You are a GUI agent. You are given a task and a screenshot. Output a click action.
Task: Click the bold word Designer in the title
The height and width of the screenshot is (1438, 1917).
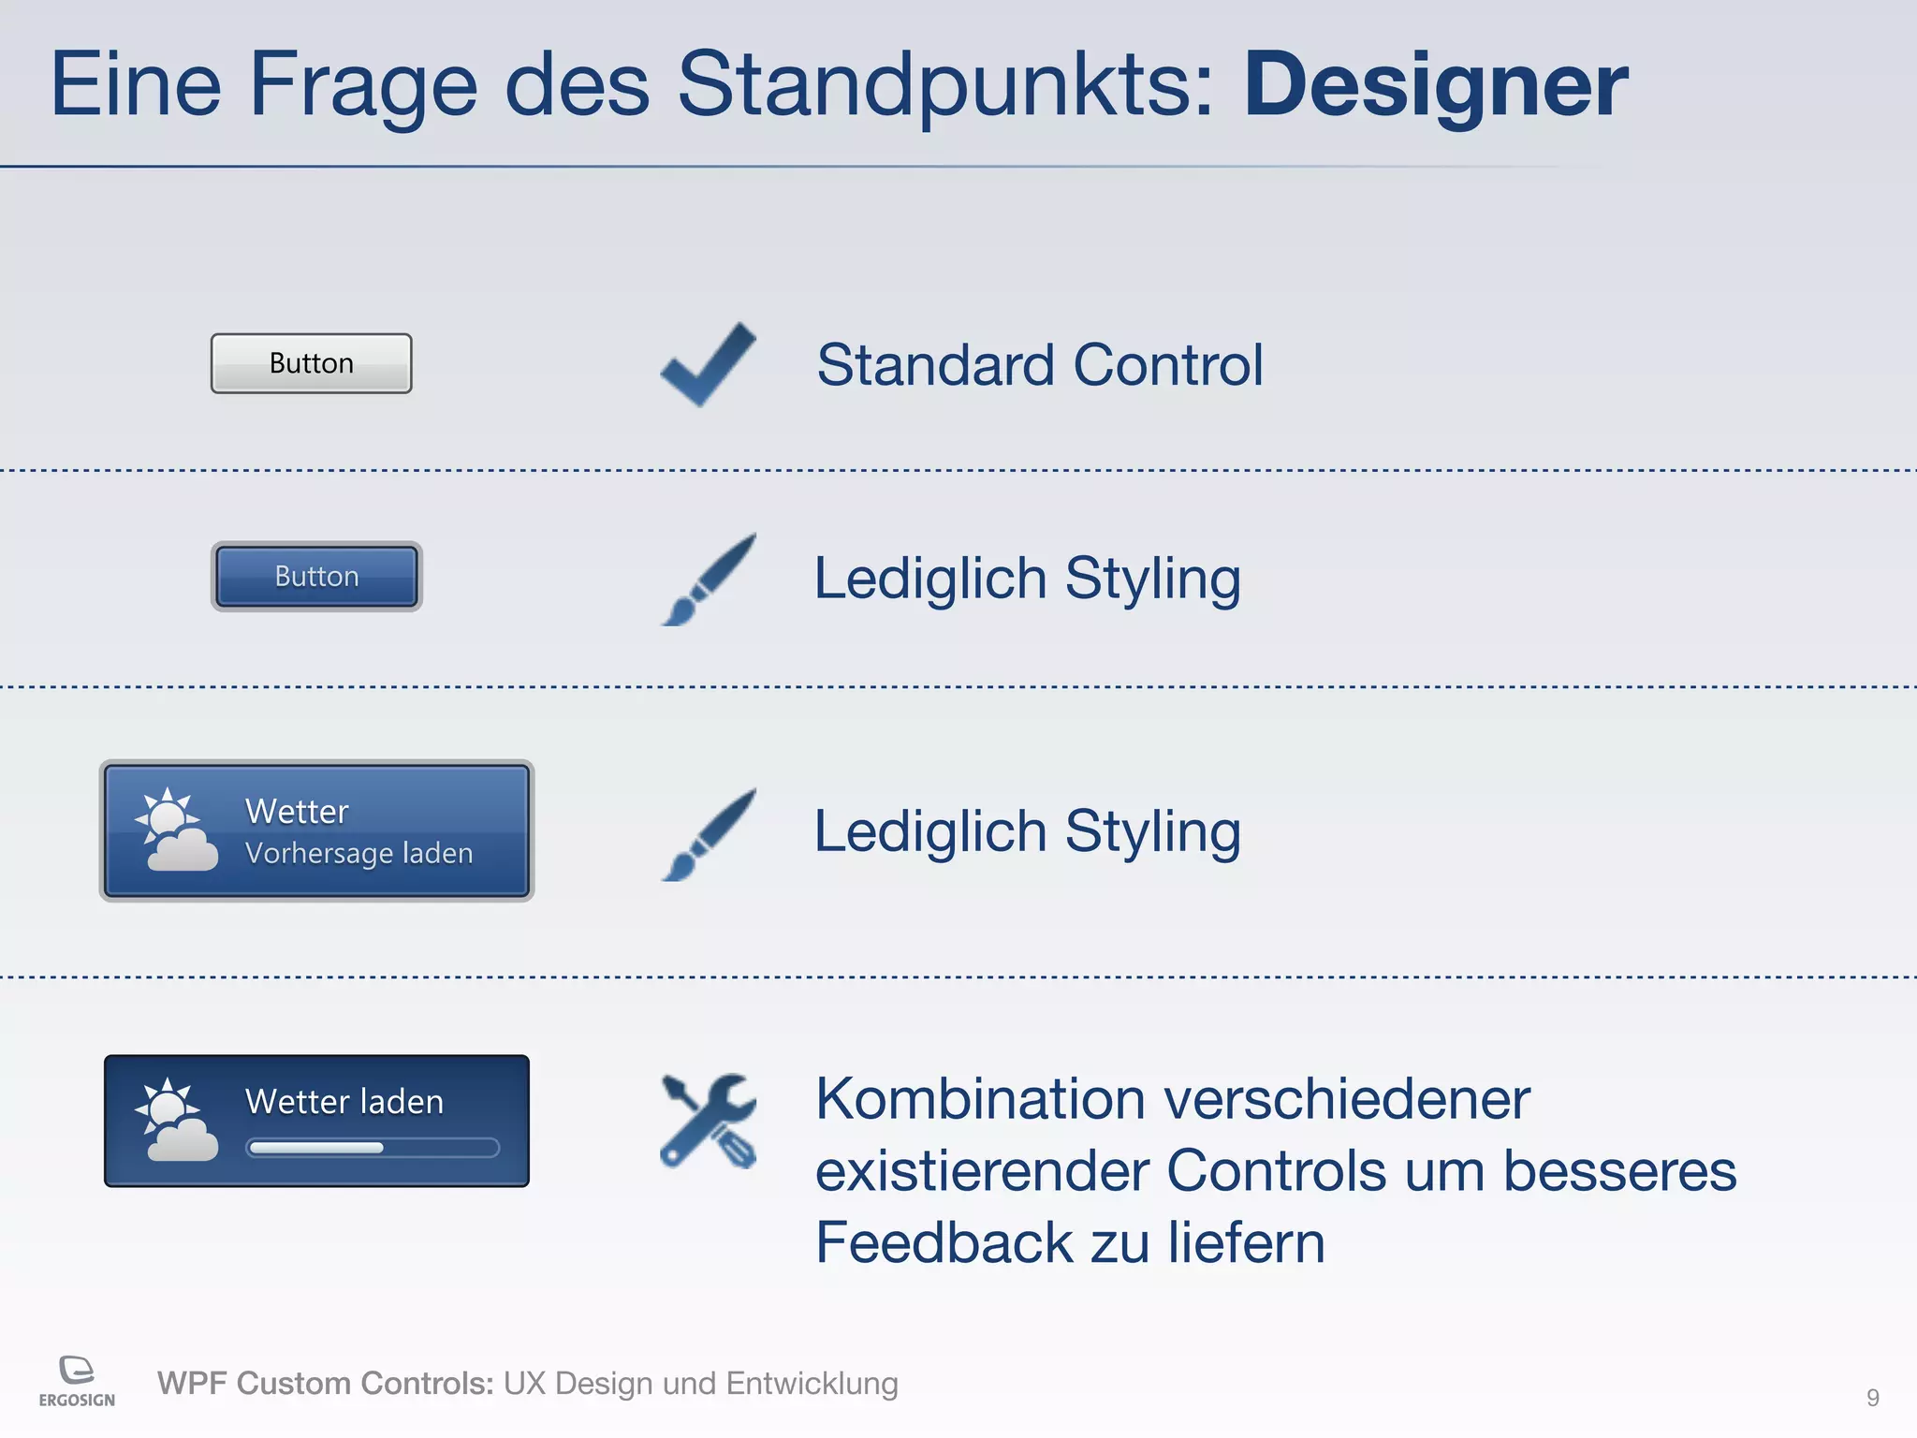pyautogui.click(x=1435, y=86)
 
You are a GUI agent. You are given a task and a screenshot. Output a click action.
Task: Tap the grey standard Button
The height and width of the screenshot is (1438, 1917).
pyautogui.click(x=311, y=363)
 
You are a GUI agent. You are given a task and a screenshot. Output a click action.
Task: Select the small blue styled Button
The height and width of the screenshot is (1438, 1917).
pyautogui.click(x=316, y=577)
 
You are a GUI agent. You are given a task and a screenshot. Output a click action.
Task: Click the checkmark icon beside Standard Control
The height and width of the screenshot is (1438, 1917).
pyautogui.click(x=708, y=365)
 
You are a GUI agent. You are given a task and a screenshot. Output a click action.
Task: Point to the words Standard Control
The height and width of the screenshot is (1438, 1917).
pyautogui.click(x=1039, y=365)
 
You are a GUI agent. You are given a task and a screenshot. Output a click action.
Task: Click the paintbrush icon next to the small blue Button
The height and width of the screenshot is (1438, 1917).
pyautogui.click(x=709, y=580)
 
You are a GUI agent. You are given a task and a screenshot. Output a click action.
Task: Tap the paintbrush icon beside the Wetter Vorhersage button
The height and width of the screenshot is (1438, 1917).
pyautogui.click(x=709, y=834)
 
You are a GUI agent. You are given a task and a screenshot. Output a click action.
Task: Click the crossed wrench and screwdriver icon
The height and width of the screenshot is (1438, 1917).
pyautogui.click(x=708, y=1121)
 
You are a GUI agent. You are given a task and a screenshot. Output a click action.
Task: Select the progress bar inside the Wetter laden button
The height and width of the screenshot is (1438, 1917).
pyautogui.click(x=372, y=1148)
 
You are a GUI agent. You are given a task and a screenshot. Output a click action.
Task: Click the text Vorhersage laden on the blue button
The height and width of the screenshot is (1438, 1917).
pyautogui.click(x=359, y=854)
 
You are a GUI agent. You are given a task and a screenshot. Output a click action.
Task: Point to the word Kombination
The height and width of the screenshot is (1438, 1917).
pyautogui.click(x=980, y=1099)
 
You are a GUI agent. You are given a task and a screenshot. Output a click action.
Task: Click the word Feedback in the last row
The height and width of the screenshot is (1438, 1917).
pyautogui.click(x=943, y=1243)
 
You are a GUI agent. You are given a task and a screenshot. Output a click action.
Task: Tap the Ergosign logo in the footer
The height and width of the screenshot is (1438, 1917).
pyautogui.click(x=77, y=1380)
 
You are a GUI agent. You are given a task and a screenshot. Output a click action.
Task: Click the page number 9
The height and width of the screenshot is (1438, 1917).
pyautogui.click(x=1872, y=1398)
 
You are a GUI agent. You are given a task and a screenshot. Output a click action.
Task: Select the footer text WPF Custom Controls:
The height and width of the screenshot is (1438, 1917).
pyautogui.click(x=325, y=1384)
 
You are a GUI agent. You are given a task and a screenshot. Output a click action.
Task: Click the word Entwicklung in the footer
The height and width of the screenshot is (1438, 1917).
pyautogui.click(x=812, y=1384)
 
